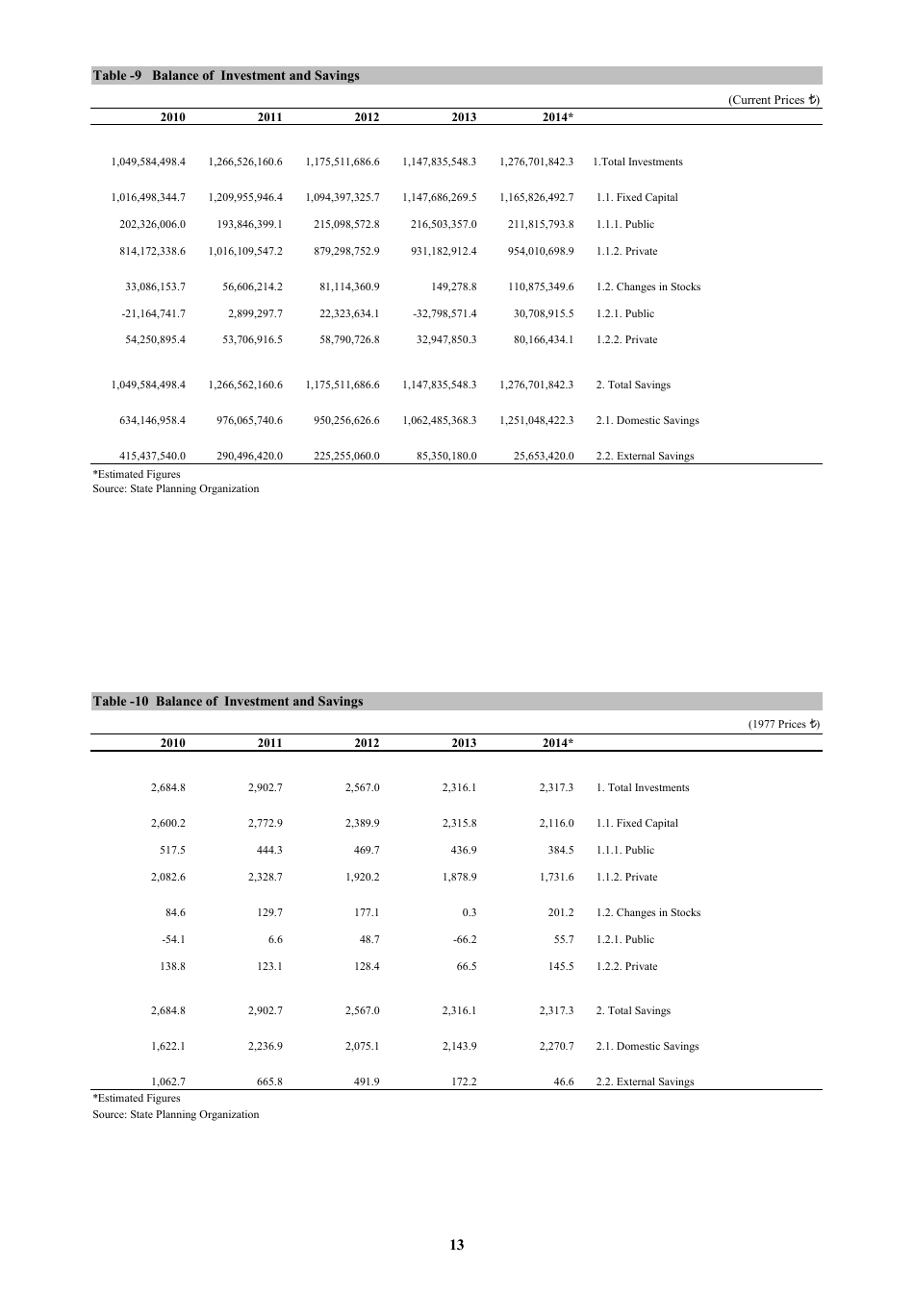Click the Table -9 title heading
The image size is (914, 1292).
[x=226, y=76]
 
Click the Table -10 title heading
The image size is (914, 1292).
[x=228, y=702]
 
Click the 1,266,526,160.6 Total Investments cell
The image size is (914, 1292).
[x=245, y=162]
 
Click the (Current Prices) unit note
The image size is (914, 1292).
[x=774, y=100]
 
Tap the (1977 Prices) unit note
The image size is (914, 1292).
[x=783, y=725]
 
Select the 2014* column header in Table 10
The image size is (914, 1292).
[x=558, y=743]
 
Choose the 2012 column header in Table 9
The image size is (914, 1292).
[x=367, y=117]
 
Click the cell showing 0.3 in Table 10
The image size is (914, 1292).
[x=469, y=913]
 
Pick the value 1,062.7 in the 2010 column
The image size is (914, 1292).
[x=168, y=1082]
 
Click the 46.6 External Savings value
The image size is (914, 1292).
[x=564, y=1082]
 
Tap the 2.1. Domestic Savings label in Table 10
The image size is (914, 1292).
[x=647, y=1047]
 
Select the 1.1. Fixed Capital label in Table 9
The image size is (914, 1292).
[x=637, y=198]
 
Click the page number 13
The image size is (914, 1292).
[x=456, y=1245]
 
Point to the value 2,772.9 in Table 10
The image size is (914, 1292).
[x=265, y=824]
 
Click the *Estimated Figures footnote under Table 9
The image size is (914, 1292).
[x=137, y=475]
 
